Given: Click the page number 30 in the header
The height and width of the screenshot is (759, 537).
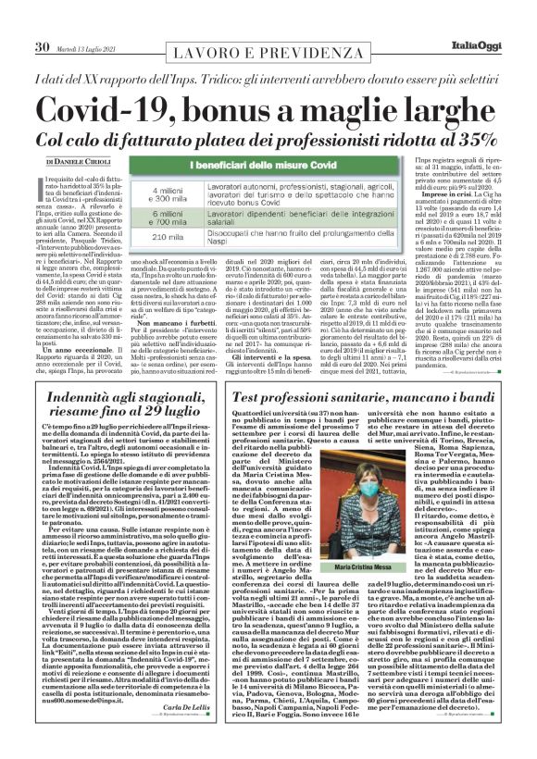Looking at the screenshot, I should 42,20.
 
